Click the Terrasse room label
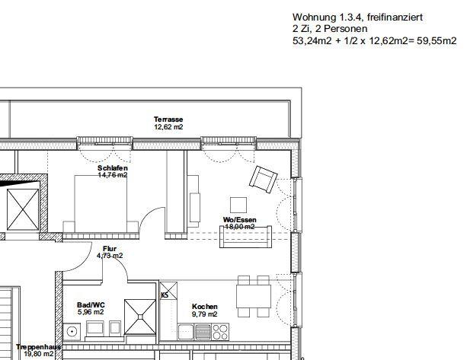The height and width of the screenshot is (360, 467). point(168,119)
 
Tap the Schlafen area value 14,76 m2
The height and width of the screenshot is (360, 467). point(113,175)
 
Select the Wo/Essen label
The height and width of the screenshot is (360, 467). point(240,220)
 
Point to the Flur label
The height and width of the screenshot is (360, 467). point(110,249)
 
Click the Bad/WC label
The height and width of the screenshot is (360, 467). point(91,305)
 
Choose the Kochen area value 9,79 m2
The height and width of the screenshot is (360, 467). point(205,314)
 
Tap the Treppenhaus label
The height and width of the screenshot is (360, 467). point(39,347)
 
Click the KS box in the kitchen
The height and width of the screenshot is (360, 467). point(168,291)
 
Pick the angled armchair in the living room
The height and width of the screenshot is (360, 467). point(264,180)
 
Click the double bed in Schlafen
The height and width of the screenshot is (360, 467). point(101,204)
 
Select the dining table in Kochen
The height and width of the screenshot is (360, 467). point(254,296)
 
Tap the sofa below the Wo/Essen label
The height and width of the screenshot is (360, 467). point(246,237)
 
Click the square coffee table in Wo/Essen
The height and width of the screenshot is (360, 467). point(238,205)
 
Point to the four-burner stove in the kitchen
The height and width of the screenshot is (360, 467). point(220,332)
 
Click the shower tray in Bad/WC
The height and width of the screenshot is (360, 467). point(140,317)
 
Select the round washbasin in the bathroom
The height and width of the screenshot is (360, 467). point(72,331)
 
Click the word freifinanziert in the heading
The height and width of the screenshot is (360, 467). point(395,18)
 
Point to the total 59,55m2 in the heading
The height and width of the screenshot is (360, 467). point(437,40)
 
